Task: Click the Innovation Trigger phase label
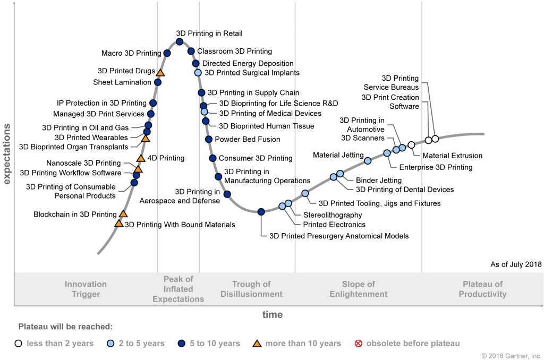tap(86, 289)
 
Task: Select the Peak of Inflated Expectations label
tap(178, 289)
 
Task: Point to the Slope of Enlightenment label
tap(359, 289)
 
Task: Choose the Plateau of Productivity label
tap(482, 289)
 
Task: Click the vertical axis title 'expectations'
tap(7, 154)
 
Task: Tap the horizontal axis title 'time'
tap(273, 314)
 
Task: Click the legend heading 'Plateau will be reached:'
tap(65, 327)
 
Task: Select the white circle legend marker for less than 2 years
tap(19, 344)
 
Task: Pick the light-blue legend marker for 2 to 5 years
tap(110, 344)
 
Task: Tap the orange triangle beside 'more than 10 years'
tap(257, 344)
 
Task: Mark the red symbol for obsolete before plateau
tap(358, 344)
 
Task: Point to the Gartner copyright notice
tap(511, 355)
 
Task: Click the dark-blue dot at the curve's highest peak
tap(180, 41)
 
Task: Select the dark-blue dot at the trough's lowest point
tap(261, 211)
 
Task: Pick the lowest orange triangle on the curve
tap(118, 223)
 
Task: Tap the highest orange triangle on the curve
tap(160, 73)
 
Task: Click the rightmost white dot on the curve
tap(435, 139)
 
